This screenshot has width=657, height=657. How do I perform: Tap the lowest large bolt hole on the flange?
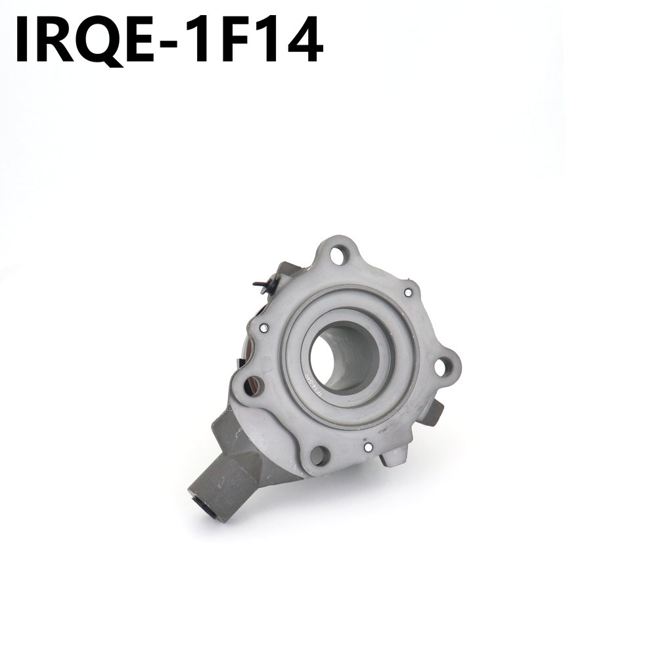(320, 454)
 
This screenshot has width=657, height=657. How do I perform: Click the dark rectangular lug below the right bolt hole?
(435, 413)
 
